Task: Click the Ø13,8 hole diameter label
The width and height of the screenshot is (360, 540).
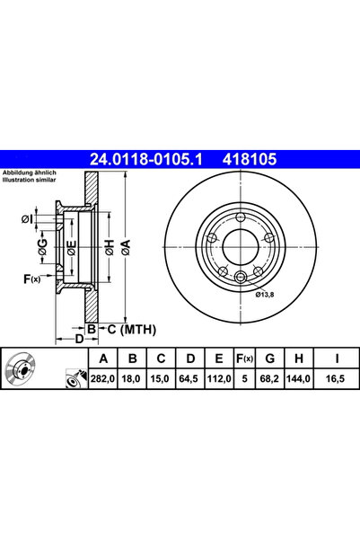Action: [264, 294]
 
